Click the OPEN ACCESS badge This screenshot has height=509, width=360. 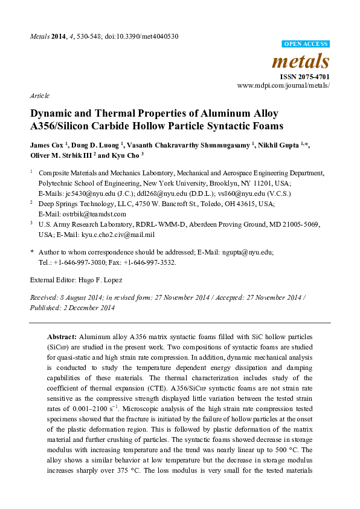point(306,44)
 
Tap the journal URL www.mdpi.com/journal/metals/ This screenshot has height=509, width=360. point(283,86)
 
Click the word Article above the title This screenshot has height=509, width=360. point(39,96)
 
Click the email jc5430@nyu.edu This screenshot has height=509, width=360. point(80,193)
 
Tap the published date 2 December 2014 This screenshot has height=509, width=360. point(88,308)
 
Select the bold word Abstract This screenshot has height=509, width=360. point(62,334)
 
